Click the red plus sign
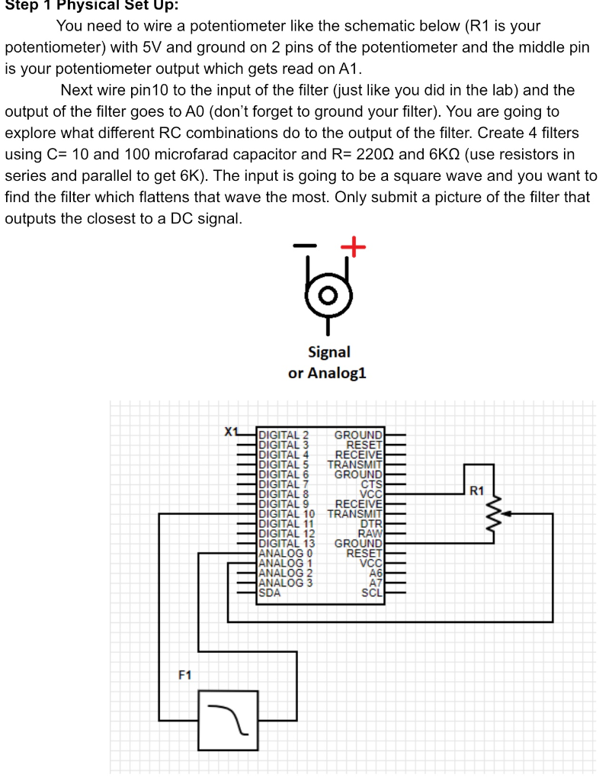click(x=353, y=246)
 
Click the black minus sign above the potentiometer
click(x=303, y=246)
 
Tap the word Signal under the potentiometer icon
click(x=328, y=352)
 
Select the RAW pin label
click(x=370, y=533)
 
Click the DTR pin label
click(x=371, y=523)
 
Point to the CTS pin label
click(x=371, y=484)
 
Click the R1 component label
click(x=477, y=490)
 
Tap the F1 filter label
click(x=185, y=675)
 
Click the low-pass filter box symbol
click(x=228, y=720)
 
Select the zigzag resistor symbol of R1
click(x=496, y=513)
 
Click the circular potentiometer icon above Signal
click(x=329, y=294)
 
